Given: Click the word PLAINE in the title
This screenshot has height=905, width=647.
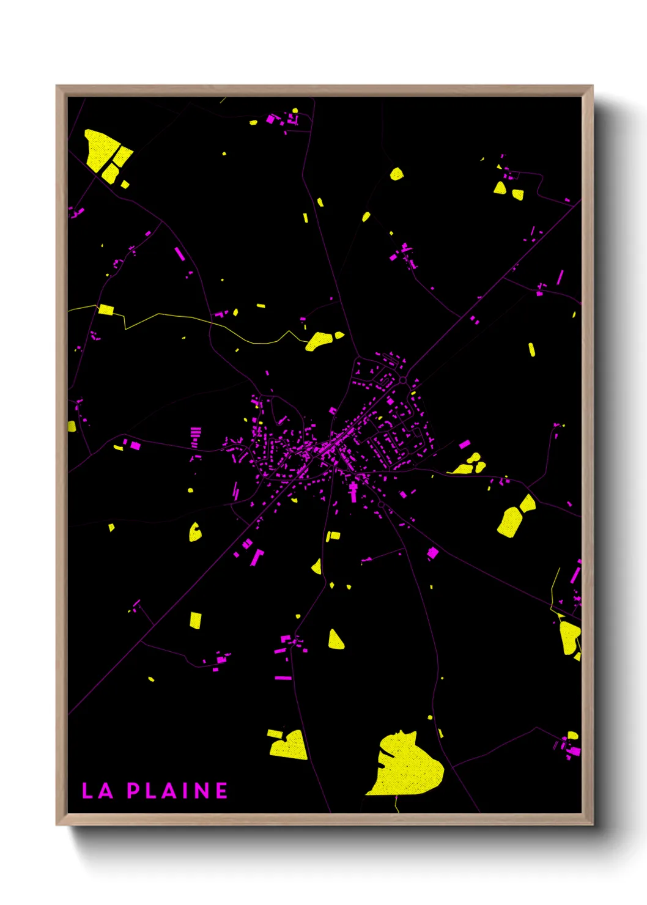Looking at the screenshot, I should (x=177, y=791).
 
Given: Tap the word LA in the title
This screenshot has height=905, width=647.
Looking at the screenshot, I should (x=98, y=791).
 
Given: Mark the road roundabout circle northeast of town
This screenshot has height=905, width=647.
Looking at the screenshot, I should (x=403, y=380).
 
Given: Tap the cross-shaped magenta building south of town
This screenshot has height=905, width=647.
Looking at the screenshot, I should (x=353, y=491).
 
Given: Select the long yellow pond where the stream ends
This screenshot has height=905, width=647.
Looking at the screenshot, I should (x=320, y=340).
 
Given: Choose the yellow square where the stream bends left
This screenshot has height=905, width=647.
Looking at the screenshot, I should (x=106, y=309).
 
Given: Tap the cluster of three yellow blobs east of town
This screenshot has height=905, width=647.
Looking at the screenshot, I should (x=469, y=465).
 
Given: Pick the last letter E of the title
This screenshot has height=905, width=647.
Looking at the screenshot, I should (x=221, y=791).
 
